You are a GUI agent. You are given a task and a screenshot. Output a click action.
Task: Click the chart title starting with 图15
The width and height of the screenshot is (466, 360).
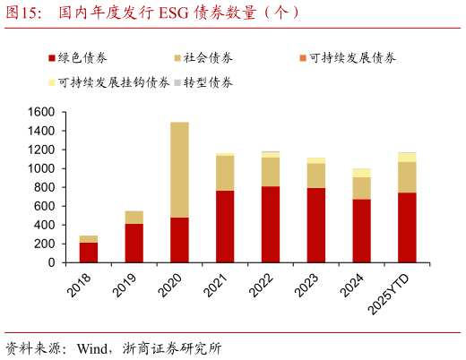[152, 13]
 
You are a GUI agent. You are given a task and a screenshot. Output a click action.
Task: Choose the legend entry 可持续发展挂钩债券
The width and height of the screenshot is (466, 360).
[113, 82]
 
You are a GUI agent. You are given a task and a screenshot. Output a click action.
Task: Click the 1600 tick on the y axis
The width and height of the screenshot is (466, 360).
[40, 112]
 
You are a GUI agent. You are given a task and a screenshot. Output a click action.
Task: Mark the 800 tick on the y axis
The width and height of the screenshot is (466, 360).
[44, 187]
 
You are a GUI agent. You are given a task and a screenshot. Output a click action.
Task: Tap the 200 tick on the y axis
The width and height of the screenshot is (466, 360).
[44, 244]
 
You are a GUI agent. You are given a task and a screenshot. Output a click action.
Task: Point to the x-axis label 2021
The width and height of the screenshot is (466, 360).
[218, 285]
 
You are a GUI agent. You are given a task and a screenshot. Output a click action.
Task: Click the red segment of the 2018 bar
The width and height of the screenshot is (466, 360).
[89, 253]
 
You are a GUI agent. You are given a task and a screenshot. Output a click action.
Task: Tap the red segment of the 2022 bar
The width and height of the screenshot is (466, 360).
[271, 224]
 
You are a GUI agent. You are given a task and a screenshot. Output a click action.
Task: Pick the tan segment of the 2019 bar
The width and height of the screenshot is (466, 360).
[134, 217]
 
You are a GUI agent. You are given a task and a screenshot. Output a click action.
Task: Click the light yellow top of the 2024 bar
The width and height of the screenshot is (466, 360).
[361, 173]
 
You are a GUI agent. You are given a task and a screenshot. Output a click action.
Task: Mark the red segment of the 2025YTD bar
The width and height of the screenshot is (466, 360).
[407, 227]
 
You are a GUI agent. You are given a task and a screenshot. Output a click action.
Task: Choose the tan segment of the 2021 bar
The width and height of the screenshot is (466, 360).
[225, 173]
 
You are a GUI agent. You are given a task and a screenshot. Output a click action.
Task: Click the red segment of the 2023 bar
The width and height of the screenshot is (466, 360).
[316, 225]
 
